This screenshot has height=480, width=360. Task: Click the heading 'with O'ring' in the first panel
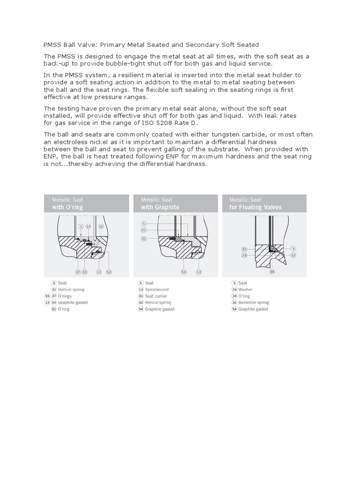[67, 207]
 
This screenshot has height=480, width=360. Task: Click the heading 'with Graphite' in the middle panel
[160, 207]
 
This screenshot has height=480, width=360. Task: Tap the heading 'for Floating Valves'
[255, 207]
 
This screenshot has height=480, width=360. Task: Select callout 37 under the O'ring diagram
[78, 271]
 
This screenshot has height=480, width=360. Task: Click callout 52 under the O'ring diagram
[109, 271]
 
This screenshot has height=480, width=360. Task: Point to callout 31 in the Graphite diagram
[144, 230]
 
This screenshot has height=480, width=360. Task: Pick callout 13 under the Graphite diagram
[199, 271]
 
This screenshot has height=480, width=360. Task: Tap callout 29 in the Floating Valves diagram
[244, 255]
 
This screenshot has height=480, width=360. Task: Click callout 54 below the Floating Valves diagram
[272, 271]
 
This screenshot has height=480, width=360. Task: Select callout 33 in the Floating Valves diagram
[293, 255]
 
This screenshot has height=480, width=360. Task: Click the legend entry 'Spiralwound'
[157, 290]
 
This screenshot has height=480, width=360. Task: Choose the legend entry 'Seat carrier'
[156, 296]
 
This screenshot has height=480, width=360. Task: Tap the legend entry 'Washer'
[245, 290]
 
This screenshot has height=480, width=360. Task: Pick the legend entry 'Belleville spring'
[254, 303]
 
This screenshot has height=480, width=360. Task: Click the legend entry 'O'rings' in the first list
[64, 296]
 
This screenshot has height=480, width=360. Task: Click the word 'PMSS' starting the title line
[52, 45]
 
